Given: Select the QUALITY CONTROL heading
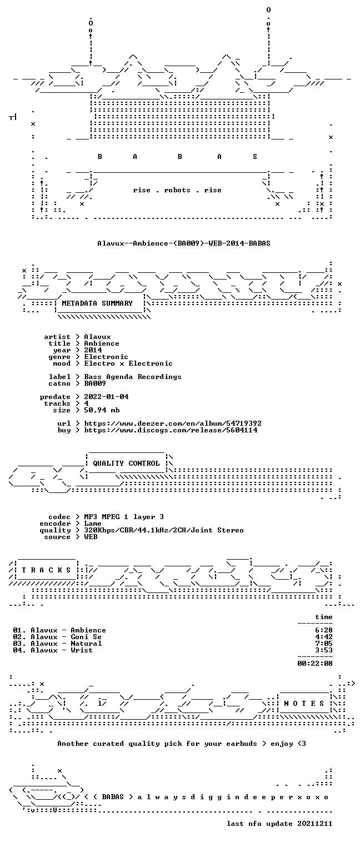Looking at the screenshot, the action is pos(126,463).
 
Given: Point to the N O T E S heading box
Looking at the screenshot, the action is pos(304,703).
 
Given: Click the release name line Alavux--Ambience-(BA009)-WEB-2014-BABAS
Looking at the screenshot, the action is pos(184,243).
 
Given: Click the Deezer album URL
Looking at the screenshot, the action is pos(173,423).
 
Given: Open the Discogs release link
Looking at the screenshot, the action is pos(171,430).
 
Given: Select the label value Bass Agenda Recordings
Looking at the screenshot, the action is pos(133,377).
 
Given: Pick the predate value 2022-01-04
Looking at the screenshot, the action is pos(106,397).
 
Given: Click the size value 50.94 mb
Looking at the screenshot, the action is pos(102,410).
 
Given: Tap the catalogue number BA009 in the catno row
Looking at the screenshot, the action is pos(95,383).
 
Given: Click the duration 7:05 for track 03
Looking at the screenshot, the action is pos(324,643).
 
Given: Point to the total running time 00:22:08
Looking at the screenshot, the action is pos(315,663).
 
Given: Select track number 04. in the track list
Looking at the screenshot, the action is pos(19,650).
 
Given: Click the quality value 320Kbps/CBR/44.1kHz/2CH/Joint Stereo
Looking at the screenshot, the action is pos(164,530).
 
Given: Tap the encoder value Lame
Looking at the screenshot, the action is pos(93,524).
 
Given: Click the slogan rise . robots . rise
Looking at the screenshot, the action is pos(177,190).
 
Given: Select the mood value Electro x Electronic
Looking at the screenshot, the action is pos(128,363).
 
